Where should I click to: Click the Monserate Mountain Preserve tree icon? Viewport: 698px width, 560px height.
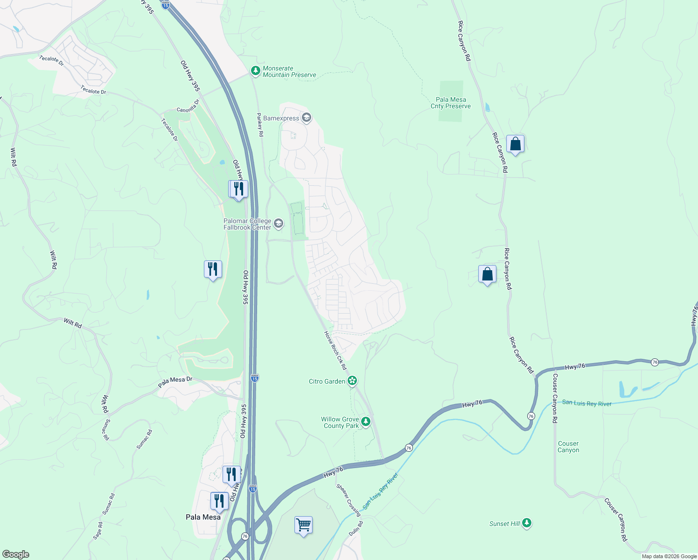tap(255, 71)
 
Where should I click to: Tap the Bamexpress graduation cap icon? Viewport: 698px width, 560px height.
tap(307, 117)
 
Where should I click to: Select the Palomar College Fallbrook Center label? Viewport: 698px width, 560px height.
tap(247, 224)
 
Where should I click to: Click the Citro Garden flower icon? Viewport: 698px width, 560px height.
tap(352, 381)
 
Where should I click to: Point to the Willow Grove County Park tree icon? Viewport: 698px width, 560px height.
tap(366, 422)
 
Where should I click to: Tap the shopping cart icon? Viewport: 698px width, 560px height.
tap(303, 525)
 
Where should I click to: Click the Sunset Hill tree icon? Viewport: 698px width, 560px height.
tap(527, 523)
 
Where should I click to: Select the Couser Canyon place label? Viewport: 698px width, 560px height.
tap(568, 447)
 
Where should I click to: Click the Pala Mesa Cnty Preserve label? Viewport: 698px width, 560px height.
tap(451, 103)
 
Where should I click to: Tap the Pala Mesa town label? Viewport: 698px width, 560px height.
tap(203, 517)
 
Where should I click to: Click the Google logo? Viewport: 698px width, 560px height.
tap(15, 554)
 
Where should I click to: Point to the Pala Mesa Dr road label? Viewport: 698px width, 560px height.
tap(175, 382)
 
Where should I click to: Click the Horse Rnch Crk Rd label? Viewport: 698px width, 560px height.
tap(335, 351)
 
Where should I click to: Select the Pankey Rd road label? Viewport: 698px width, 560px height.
tap(260, 125)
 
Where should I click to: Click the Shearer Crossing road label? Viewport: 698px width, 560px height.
tap(349, 500)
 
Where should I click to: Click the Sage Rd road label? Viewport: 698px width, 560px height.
tap(98, 531)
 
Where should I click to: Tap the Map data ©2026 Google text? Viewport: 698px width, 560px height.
tap(669, 556)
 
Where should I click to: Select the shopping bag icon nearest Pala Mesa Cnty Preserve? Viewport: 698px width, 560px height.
tap(515, 144)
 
